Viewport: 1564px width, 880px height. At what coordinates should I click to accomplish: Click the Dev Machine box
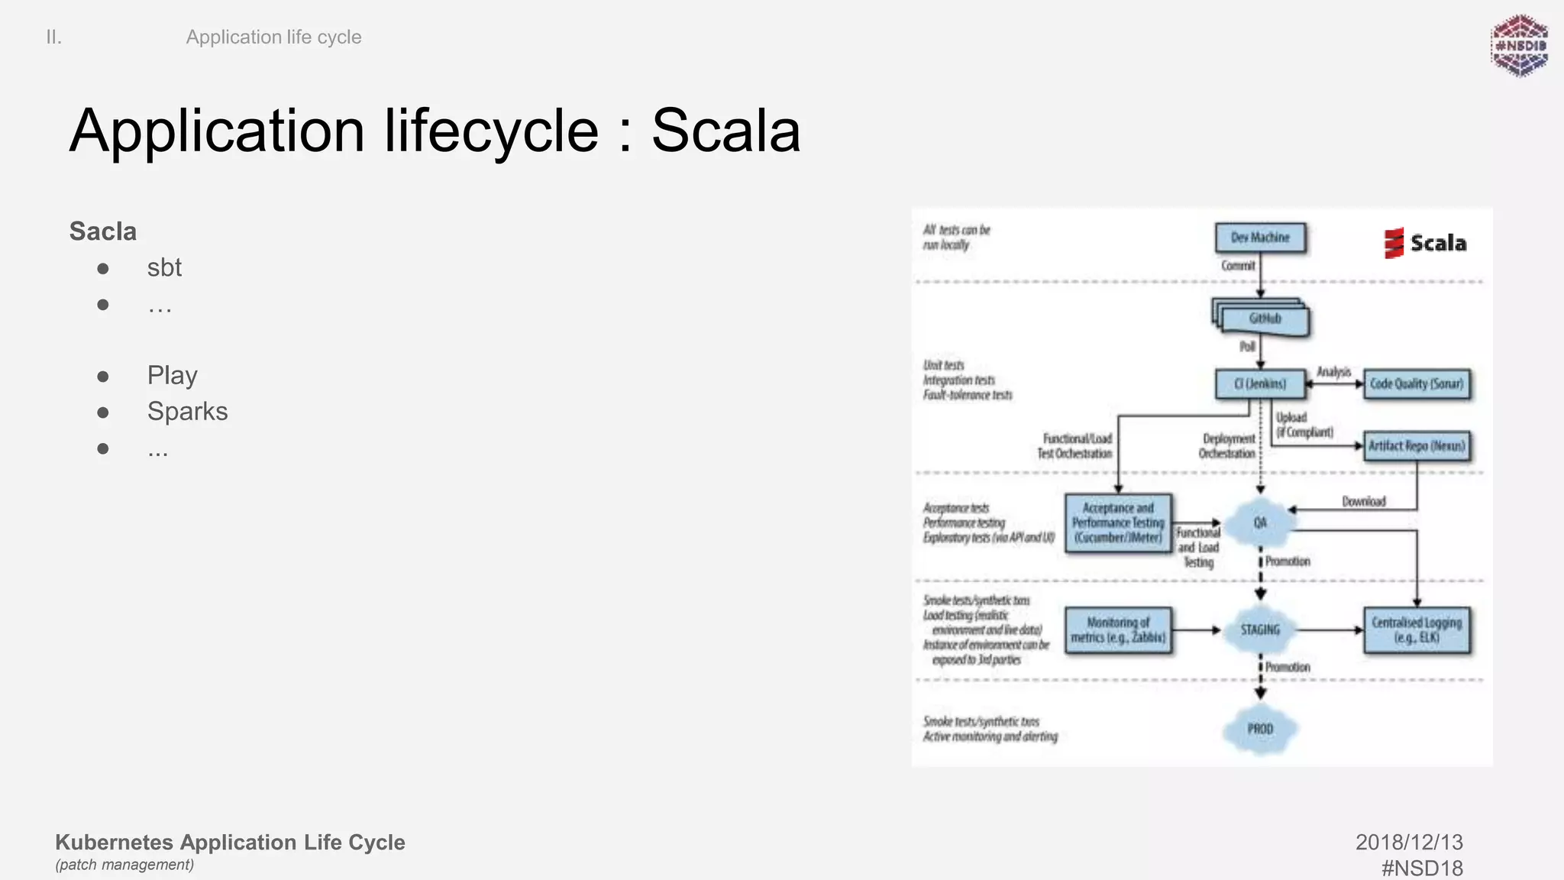pos(1260,238)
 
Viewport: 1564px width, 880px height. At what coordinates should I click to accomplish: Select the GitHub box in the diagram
pos(1264,319)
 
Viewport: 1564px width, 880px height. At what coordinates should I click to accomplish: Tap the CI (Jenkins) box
pos(1260,384)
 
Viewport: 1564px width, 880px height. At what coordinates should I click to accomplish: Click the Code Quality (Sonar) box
pos(1417,384)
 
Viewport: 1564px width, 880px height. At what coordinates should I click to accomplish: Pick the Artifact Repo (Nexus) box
pos(1417,446)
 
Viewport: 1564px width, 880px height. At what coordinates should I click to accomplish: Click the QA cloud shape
pos(1260,522)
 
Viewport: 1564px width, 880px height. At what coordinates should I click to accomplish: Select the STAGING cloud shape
pos(1260,630)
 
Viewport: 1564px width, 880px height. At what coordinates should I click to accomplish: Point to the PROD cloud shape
pos(1260,730)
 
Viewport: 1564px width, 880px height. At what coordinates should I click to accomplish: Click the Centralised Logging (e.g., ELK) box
pos(1417,630)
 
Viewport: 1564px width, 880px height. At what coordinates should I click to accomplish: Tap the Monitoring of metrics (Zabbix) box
pos(1118,630)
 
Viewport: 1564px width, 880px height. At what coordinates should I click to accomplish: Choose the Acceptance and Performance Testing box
pos(1118,522)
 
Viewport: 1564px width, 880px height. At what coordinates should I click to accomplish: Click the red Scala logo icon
pos(1394,244)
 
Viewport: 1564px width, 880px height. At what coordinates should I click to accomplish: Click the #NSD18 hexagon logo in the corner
pos(1520,46)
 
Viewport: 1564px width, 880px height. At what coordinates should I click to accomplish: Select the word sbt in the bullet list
pos(164,268)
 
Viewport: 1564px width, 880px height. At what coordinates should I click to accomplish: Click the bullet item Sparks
pos(187,412)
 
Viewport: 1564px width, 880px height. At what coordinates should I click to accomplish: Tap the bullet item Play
pos(172,376)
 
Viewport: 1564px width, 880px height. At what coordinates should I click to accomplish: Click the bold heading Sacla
pos(102,231)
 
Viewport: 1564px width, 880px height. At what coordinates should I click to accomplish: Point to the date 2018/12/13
pos(1409,843)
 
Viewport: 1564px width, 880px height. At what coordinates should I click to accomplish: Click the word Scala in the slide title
pos(725,131)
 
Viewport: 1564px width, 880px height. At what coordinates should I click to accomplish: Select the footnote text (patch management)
pos(124,865)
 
